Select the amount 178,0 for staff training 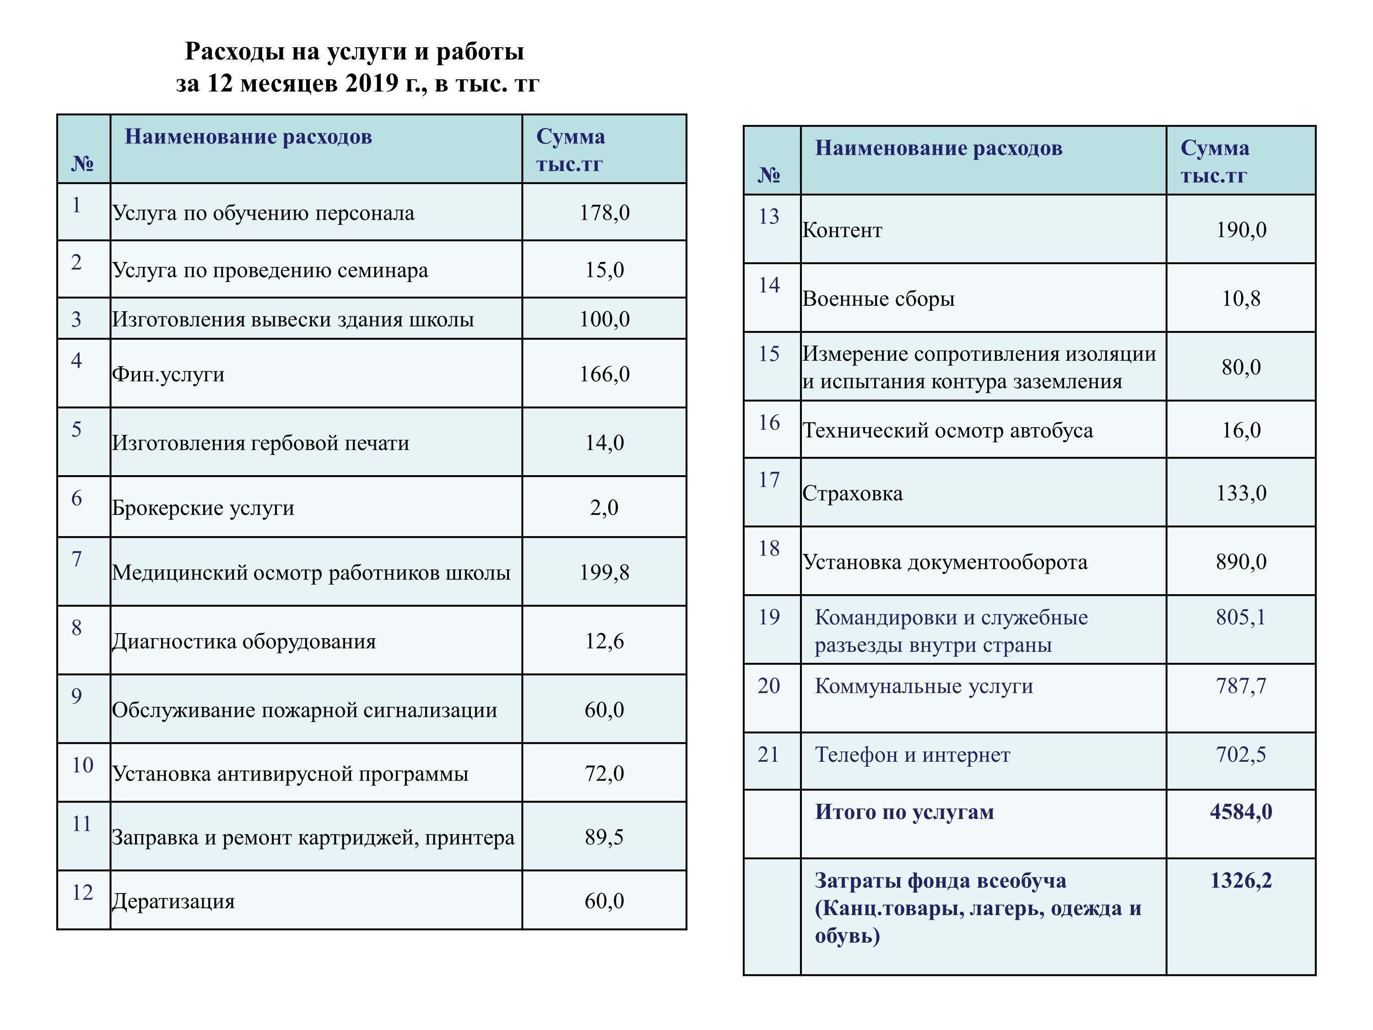click(x=604, y=213)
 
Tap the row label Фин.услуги click(x=168, y=374)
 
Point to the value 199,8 click(x=604, y=572)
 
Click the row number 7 click(x=76, y=559)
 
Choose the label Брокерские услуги click(x=203, y=508)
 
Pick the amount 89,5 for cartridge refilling click(x=604, y=838)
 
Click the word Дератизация click(x=173, y=901)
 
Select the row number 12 click(x=82, y=893)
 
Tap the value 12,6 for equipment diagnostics click(x=604, y=641)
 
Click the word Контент click(x=842, y=230)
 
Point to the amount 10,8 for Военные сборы click(x=1241, y=298)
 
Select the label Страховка click(x=852, y=493)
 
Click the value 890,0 click(x=1241, y=562)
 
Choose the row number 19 click(x=768, y=617)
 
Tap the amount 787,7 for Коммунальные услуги click(x=1241, y=686)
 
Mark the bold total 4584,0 click(x=1241, y=812)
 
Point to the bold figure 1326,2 click(x=1241, y=880)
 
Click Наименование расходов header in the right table click(x=939, y=148)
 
